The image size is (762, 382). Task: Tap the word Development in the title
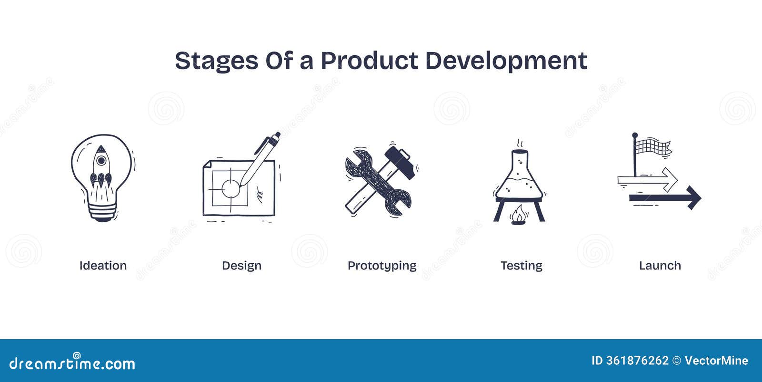tap(506, 61)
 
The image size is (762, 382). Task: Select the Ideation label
tap(103, 266)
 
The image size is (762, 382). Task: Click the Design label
tap(241, 266)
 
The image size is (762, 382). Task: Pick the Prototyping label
tap(382, 266)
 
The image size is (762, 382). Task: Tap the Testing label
tap(521, 266)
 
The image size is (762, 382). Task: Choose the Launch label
tap(660, 266)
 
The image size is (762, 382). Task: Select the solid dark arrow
tap(667, 197)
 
